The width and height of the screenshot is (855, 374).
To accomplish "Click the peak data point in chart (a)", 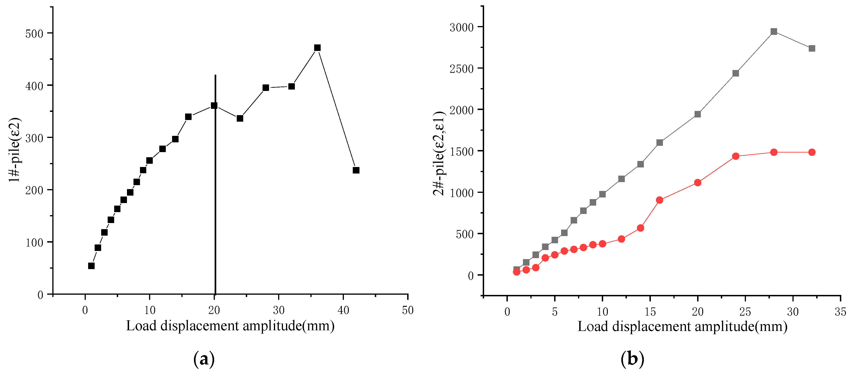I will (317, 48).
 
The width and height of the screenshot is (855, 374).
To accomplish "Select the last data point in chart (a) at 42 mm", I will (356, 170).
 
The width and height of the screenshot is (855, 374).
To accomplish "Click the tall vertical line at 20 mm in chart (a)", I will (215, 199).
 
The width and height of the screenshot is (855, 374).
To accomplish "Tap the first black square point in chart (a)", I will (91, 266).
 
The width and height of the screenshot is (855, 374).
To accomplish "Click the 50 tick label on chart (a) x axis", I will (408, 311).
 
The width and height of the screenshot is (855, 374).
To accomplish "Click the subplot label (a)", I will (204, 359).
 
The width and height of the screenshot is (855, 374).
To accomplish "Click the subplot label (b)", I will (632, 359).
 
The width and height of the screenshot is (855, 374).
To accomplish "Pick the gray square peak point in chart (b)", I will (774, 32).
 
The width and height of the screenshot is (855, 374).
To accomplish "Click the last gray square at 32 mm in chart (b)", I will (812, 48).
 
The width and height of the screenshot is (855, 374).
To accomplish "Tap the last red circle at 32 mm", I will (812, 152).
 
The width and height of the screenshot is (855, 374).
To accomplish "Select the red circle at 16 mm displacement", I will (659, 200).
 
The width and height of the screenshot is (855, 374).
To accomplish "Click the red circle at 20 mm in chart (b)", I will (698, 183).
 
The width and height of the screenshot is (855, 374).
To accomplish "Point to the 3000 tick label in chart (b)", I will (461, 27).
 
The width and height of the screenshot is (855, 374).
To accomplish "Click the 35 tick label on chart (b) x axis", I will (840, 312).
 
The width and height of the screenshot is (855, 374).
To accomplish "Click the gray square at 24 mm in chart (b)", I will (735, 73).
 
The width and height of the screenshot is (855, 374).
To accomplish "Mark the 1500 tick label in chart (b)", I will (461, 152).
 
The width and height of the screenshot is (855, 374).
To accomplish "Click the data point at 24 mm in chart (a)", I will (240, 118).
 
